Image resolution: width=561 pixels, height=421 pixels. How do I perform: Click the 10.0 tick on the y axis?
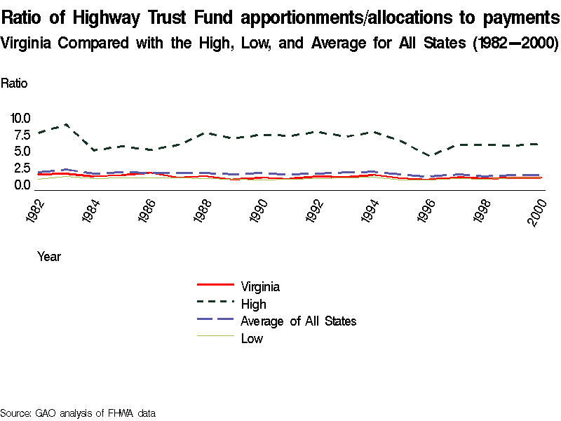[x=19, y=118]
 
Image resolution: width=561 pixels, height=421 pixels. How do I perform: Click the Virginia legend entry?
[x=260, y=286]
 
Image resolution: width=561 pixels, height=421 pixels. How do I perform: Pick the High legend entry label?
[x=253, y=304]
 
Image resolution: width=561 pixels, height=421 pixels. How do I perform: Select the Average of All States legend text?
[x=298, y=321]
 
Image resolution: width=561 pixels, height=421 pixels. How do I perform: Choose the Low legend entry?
[x=252, y=339]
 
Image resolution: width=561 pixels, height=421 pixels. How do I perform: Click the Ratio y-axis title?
[x=14, y=83]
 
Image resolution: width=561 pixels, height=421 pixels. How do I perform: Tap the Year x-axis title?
[x=48, y=257]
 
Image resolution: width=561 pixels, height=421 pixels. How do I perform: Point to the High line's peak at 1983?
[x=66, y=125]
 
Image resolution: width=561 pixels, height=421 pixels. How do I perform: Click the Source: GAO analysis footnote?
[x=77, y=413]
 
